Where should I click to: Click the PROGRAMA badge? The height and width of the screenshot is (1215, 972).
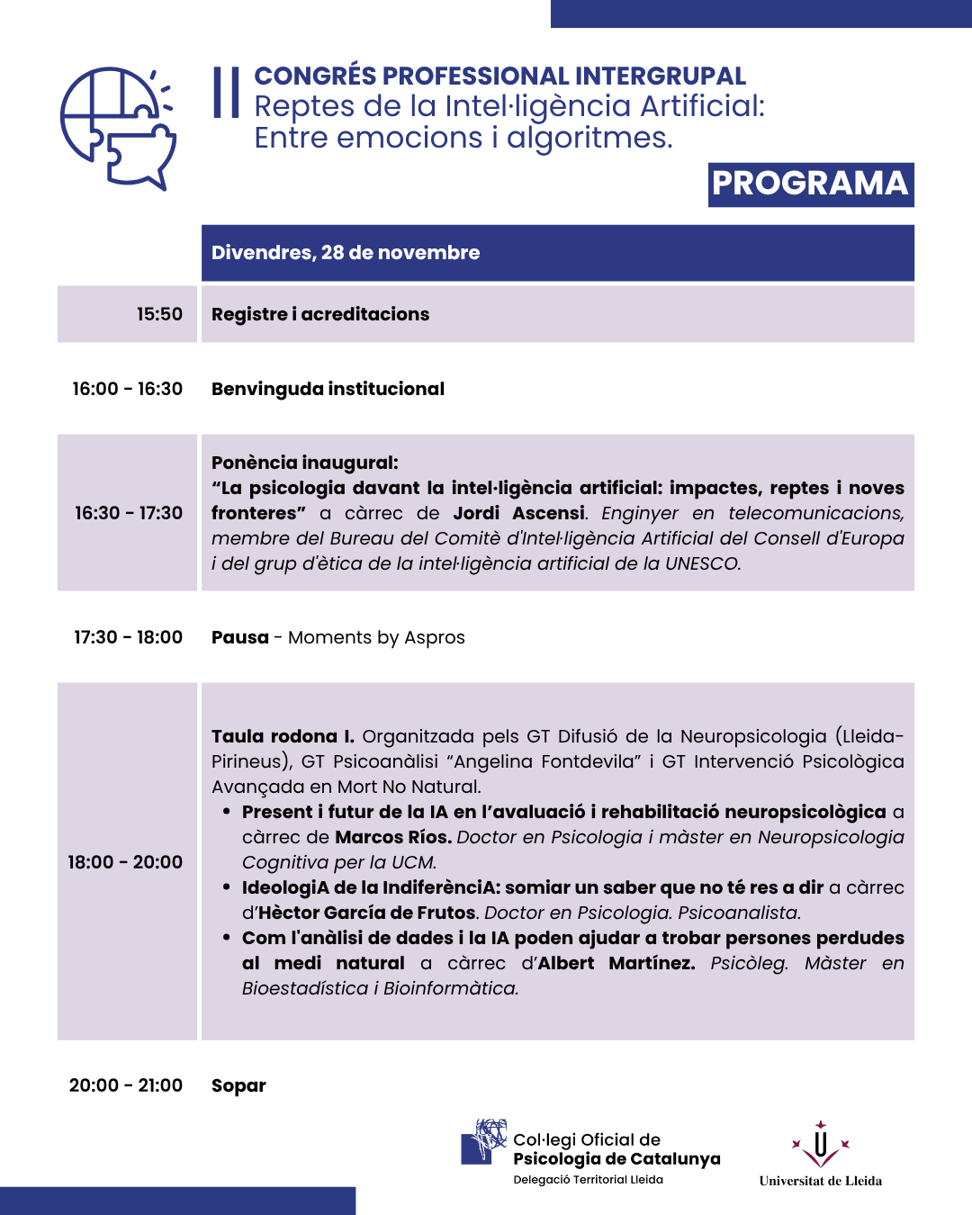click(810, 184)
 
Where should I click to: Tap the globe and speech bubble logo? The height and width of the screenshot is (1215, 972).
click(117, 128)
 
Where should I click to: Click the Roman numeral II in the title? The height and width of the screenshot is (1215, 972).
click(227, 93)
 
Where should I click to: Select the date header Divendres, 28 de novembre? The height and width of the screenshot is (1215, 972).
click(346, 253)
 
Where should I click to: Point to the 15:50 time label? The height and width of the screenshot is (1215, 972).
click(159, 314)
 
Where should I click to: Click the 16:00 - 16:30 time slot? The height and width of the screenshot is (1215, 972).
click(128, 389)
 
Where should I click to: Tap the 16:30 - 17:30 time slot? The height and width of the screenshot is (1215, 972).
click(129, 513)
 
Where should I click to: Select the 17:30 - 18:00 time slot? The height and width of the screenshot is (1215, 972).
click(128, 637)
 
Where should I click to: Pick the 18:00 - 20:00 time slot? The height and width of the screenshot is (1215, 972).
click(125, 862)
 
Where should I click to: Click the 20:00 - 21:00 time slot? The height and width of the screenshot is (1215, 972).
click(126, 1085)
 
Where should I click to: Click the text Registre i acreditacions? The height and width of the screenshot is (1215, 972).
click(320, 314)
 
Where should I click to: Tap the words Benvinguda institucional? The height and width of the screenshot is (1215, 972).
click(328, 389)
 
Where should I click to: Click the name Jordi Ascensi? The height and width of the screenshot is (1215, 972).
click(519, 513)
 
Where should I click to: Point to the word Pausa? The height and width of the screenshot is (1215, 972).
click(240, 637)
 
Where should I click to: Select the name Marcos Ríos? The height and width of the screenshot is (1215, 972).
click(393, 837)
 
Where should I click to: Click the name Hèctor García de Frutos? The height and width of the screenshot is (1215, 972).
click(367, 913)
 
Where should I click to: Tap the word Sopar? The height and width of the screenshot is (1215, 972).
click(238, 1085)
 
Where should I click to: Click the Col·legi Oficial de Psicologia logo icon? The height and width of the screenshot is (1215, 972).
click(484, 1142)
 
